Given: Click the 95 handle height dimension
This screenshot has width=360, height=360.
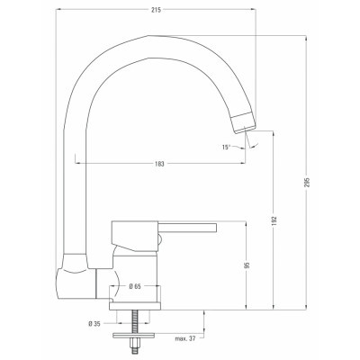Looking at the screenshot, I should click(x=246, y=266).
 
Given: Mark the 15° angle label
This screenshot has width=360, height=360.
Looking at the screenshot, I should click(x=228, y=145).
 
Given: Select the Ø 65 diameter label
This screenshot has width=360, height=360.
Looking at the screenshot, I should click(x=134, y=285).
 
